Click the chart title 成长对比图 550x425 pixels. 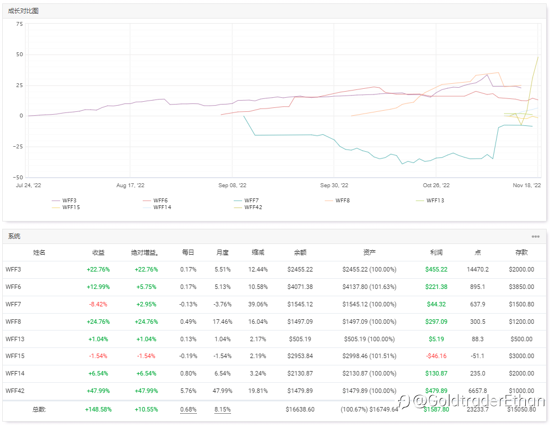tap(24, 11)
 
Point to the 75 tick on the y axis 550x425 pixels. tap(20, 24)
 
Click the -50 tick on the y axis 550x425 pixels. tap(19, 177)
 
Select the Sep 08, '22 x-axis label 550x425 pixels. tap(232, 186)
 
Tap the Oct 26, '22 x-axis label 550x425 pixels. tap(436, 186)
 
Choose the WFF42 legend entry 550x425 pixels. tap(251, 207)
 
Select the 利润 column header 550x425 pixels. tap(437, 253)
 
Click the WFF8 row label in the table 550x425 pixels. tap(13, 322)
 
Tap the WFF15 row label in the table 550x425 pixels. tap(15, 356)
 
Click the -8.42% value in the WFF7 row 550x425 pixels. tap(98, 304)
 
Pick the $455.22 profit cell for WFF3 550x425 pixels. tap(437, 269)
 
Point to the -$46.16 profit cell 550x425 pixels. tap(437, 356)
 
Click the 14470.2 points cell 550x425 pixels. tap(478, 269)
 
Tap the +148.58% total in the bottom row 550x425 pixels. tap(98, 409)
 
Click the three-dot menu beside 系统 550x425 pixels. tap(535, 237)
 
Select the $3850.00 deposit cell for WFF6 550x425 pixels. tap(521, 287)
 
